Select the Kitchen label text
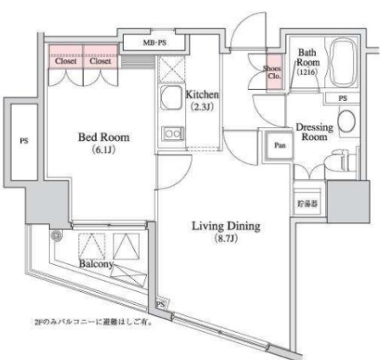[203, 94]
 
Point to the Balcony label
[98, 263]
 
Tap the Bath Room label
[306, 59]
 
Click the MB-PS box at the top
[153, 42]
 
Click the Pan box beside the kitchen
[278, 145]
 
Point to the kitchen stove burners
[172, 133]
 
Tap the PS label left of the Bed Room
[24, 140]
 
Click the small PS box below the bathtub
[342, 99]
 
